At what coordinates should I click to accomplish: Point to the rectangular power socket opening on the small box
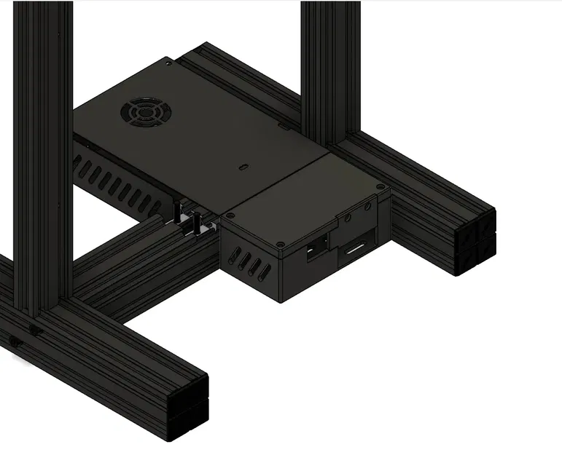pos(318,248)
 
